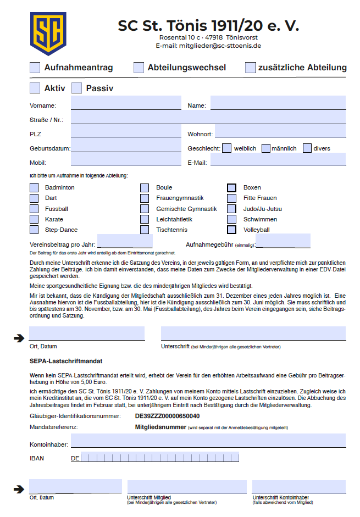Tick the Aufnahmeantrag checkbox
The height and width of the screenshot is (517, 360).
[35, 68]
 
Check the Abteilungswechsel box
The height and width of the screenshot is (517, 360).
[139, 68]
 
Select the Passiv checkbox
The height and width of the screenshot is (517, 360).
[76, 88]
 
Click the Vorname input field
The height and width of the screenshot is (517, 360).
[125, 103]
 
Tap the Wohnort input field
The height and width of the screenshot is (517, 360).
[280, 132]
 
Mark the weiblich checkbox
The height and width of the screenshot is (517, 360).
[226, 148]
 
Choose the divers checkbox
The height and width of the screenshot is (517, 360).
[307, 148]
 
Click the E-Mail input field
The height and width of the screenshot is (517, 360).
[278, 160]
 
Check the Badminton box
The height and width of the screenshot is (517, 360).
[35, 187]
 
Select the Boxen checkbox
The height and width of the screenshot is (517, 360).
[232, 187]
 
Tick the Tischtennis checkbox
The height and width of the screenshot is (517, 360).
[145, 230]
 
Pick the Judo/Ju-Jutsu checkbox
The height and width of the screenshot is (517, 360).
[232, 209]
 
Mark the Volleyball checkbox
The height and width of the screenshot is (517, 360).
[232, 230]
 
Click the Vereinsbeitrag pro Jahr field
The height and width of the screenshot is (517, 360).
[125, 241]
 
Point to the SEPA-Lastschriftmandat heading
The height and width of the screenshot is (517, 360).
[66, 361]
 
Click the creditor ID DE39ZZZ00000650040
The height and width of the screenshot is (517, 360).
[167, 416]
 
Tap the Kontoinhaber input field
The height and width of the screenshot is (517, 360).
[208, 441]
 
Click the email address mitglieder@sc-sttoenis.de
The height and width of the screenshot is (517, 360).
[220, 46]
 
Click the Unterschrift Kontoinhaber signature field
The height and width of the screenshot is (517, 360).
[299, 487]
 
